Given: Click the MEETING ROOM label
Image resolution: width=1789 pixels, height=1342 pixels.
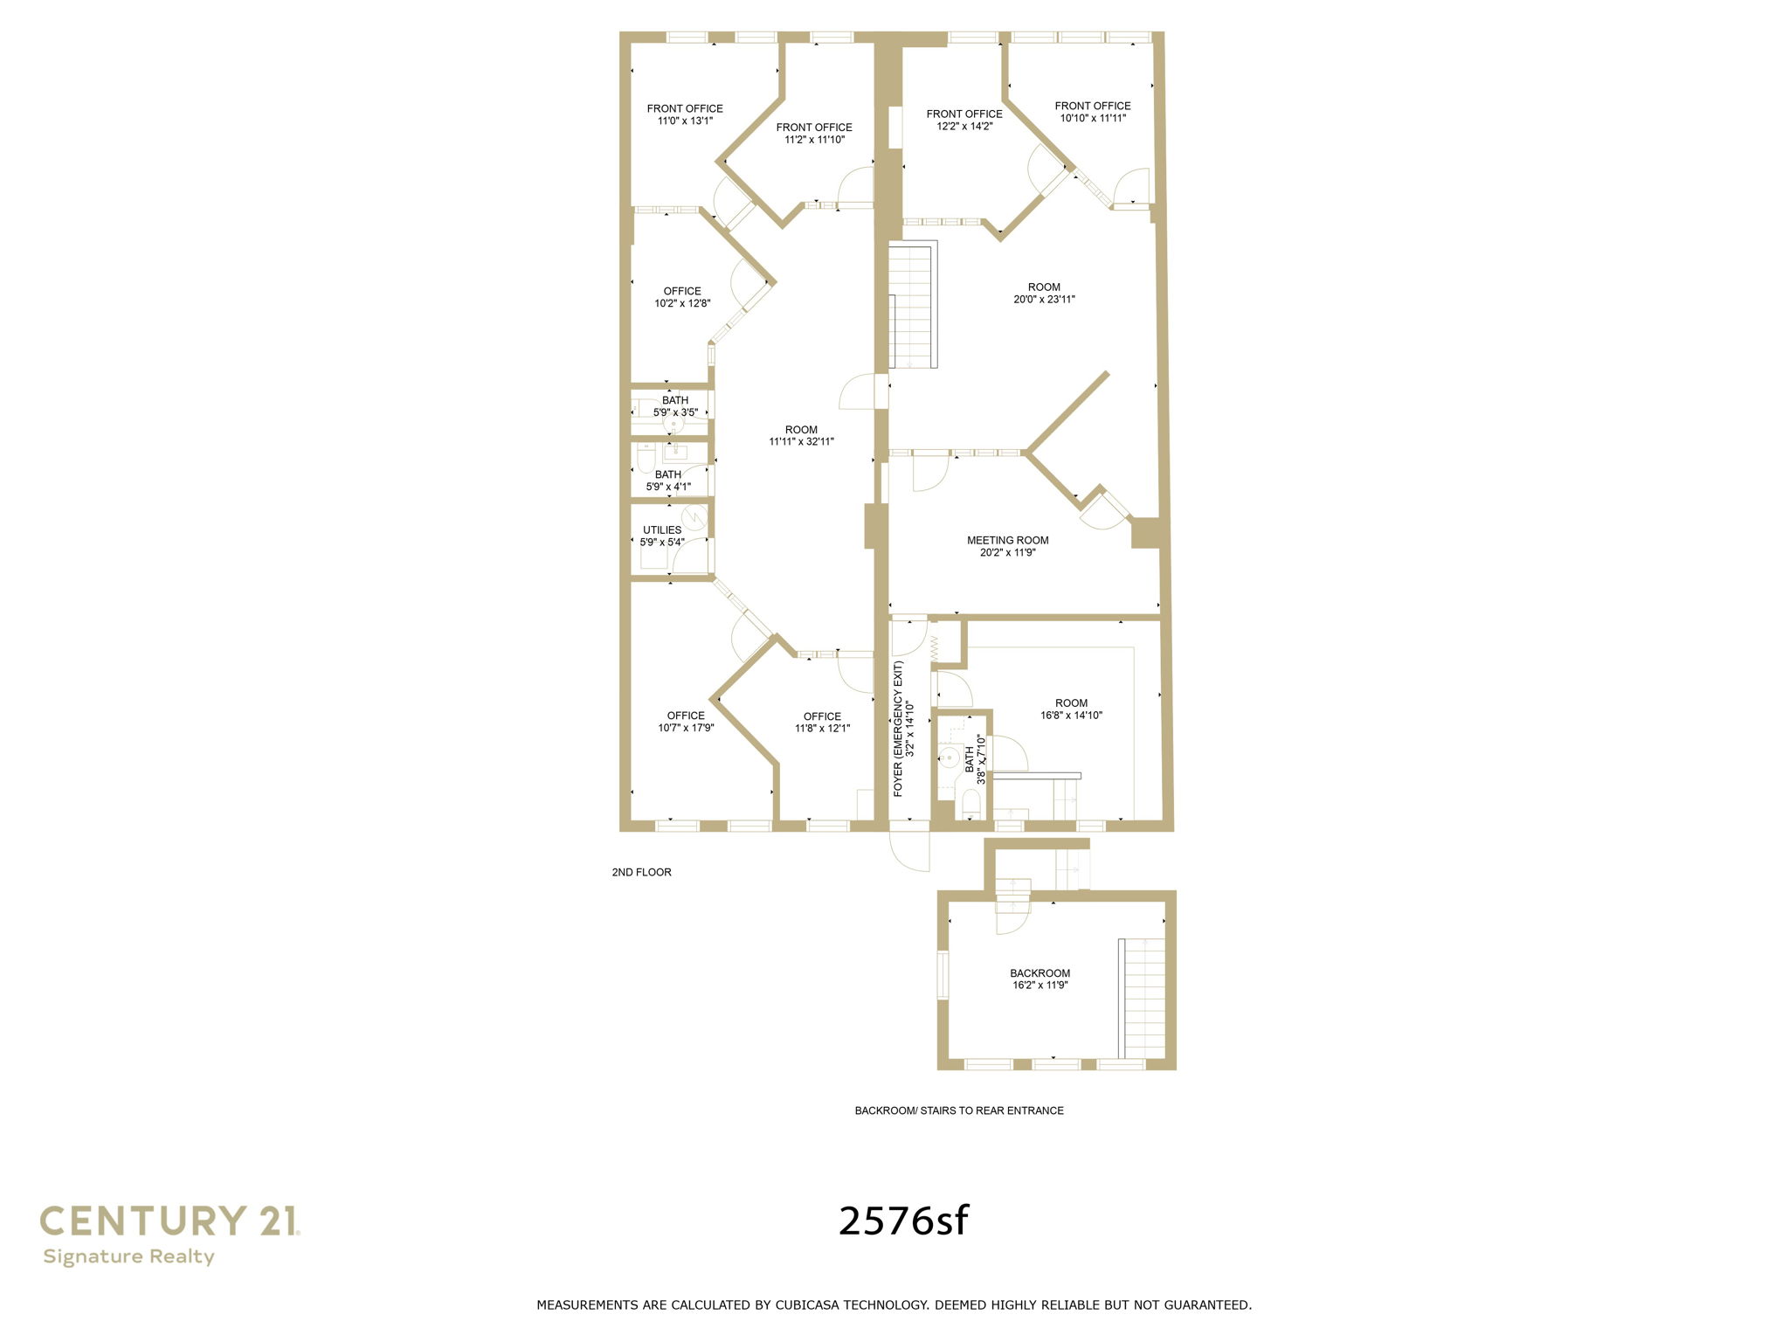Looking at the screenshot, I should [x=1007, y=541].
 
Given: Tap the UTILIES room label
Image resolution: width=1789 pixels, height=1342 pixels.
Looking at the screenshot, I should [x=662, y=530].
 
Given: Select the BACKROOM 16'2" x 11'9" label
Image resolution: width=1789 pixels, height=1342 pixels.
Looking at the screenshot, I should [x=1040, y=979].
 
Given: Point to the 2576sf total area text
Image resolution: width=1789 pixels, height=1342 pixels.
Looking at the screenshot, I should [x=903, y=1221].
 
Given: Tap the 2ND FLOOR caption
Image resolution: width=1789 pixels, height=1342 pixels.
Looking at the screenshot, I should [x=641, y=872].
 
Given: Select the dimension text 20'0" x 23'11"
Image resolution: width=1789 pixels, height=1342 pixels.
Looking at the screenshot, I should [x=1044, y=300].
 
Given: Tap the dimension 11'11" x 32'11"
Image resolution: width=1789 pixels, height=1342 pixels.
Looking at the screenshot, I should [x=801, y=442].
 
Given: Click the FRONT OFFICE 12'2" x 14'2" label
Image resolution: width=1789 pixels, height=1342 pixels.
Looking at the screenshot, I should [x=964, y=120].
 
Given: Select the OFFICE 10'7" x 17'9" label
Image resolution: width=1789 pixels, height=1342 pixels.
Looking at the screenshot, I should [x=686, y=722].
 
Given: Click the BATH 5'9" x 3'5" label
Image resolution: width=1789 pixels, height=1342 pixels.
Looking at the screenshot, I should [x=675, y=406].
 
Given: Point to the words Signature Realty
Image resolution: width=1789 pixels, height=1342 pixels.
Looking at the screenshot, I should [x=128, y=1256].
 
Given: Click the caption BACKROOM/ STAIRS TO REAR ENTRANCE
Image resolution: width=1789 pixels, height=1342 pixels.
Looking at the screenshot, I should [x=958, y=1110].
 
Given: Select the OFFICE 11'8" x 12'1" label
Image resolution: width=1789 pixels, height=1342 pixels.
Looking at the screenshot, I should [x=822, y=723].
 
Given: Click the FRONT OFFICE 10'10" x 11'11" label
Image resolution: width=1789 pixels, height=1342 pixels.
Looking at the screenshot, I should [x=1092, y=112].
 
